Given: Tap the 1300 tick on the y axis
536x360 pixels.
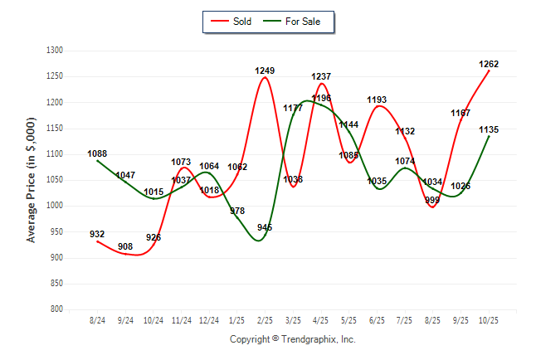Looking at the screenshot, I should (x=55, y=51).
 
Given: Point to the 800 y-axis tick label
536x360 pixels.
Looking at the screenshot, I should (x=57, y=309).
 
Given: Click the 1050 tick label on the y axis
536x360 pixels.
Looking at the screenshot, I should (x=55, y=180).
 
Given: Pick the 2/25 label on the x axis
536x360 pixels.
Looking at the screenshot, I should (x=265, y=320).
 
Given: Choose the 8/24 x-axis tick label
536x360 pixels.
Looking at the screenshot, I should (x=97, y=320).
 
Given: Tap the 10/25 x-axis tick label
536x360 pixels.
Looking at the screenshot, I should (x=489, y=320).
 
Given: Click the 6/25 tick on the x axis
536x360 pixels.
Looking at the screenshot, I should (x=377, y=320).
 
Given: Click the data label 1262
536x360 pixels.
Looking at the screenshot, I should (x=489, y=64).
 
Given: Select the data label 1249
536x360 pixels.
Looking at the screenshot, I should (x=265, y=71).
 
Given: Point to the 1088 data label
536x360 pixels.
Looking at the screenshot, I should (x=97, y=153).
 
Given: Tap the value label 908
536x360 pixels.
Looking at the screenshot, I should (x=125, y=246).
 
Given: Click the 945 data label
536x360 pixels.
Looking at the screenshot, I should (x=265, y=227).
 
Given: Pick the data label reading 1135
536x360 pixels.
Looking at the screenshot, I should (x=489, y=129).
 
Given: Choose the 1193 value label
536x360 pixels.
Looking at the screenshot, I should (x=377, y=100).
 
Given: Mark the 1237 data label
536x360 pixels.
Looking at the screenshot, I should (x=321, y=76).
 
